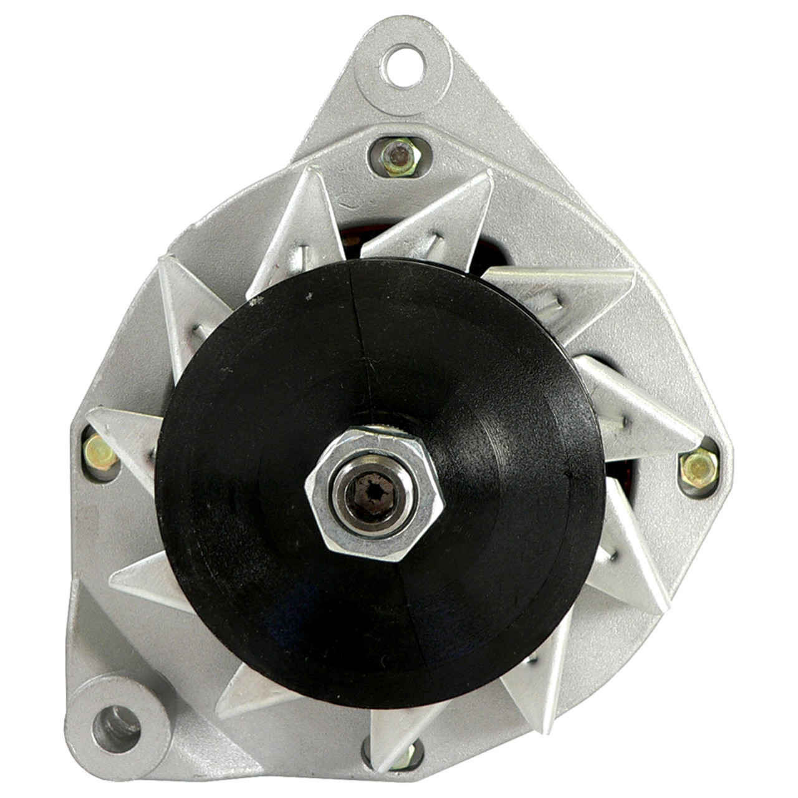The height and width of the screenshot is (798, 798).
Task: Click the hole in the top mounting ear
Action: coord(404,65)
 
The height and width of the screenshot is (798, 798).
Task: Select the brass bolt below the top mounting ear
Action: coord(399,157)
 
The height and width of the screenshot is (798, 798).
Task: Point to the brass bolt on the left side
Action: coord(100,452)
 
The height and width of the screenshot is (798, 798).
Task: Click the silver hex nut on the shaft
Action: coord(374,493)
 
